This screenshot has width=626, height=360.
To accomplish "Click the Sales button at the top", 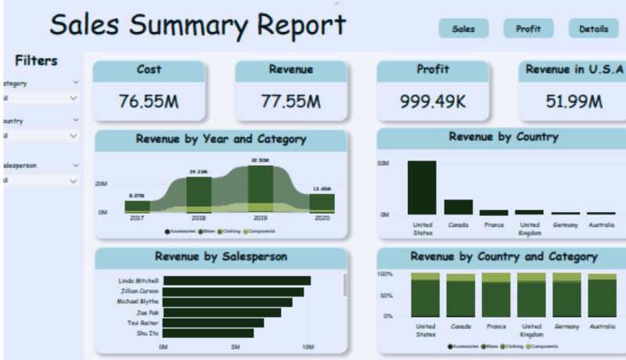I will pyautogui.click(x=463, y=29).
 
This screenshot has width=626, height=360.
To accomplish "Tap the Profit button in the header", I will pyautogui.click(x=528, y=29).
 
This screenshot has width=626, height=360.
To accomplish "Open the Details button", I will pyautogui.click(x=593, y=29).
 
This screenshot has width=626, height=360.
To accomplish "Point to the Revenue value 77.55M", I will pyautogui.click(x=290, y=101).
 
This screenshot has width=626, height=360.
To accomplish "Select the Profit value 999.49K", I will pyautogui.click(x=433, y=101).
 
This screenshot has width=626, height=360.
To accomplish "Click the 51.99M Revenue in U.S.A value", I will pyautogui.click(x=574, y=101).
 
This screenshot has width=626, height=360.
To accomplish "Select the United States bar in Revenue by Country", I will pyautogui.click(x=422, y=187).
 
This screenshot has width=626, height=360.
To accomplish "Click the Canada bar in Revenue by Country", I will pyautogui.click(x=459, y=207).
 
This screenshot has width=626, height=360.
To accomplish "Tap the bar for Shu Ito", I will pyautogui.click(x=208, y=333).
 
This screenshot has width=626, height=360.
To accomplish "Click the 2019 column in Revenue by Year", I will pyautogui.click(x=260, y=189).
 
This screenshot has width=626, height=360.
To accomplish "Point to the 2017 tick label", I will pyautogui.click(x=137, y=219).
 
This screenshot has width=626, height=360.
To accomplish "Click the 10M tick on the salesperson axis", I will pyautogui.click(x=308, y=347).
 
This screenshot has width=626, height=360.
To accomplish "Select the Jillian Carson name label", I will pyautogui.click(x=139, y=291).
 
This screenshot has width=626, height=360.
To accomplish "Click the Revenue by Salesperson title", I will pyautogui.click(x=221, y=256).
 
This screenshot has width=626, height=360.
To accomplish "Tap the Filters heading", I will pyautogui.click(x=36, y=61).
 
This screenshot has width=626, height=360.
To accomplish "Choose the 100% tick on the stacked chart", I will pyautogui.click(x=385, y=275).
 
